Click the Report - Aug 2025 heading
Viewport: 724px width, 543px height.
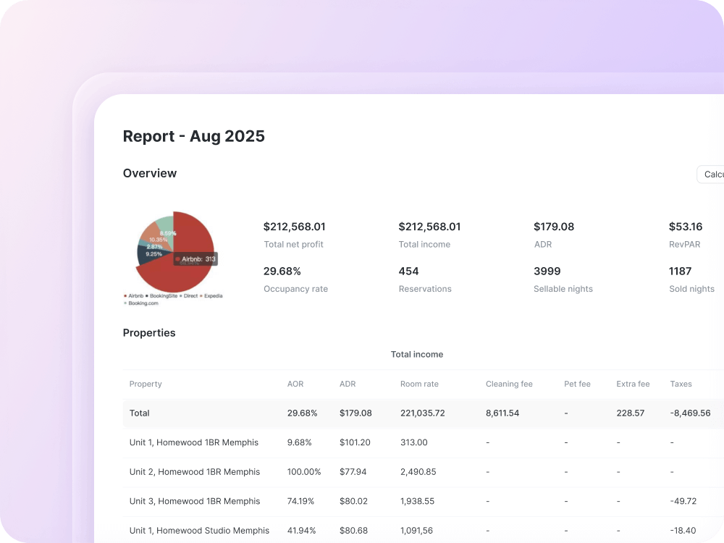[x=193, y=136]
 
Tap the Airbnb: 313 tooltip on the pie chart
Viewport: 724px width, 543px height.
[x=195, y=258]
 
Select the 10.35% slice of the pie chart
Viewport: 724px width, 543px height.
[x=157, y=239]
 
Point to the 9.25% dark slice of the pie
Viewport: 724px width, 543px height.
[x=150, y=254]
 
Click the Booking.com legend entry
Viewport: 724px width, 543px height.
[x=142, y=303]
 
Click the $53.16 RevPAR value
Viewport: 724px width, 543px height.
[x=685, y=227]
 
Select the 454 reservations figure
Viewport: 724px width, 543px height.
[x=408, y=271]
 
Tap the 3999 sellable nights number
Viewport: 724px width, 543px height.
[x=547, y=271]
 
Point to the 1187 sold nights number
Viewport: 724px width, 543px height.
[x=680, y=271]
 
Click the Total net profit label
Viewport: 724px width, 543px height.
[x=293, y=245]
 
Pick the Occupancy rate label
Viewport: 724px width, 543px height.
[x=295, y=289]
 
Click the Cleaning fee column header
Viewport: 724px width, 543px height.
[x=509, y=384]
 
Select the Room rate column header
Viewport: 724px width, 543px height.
[x=419, y=384]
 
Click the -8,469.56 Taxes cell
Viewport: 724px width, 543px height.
[x=690, y=413]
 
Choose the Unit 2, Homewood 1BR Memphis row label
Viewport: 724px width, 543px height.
[x=194, y=472]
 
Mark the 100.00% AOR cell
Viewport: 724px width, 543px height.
[x=304, y=472]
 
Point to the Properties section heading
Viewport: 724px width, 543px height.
[x=149, y=333]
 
